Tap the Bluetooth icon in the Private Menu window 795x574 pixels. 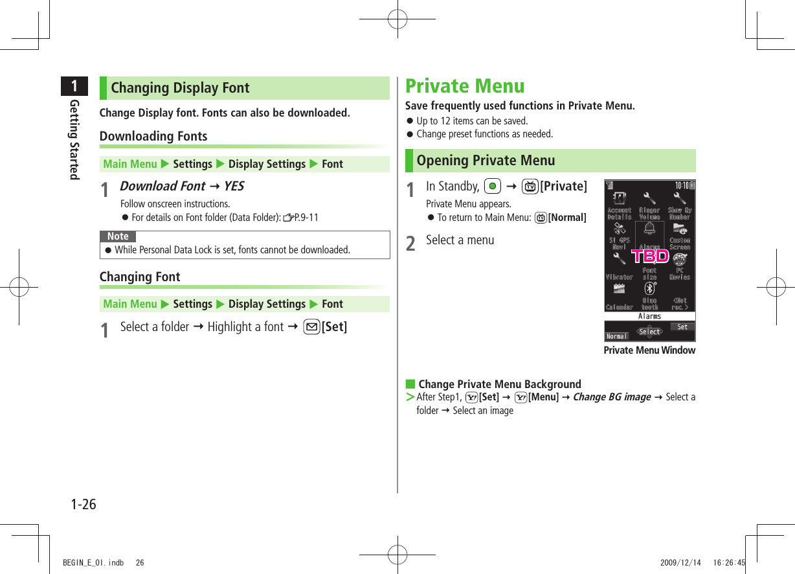click(649, 288)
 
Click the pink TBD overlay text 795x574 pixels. click(650, 256)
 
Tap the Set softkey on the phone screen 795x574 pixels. click(682, 327)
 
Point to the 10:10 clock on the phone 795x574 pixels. click(682, 185)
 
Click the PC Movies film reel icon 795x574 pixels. click(680, 259)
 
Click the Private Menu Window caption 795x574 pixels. click(649, 350)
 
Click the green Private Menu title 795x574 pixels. click(465, 86)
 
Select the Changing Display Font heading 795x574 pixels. click(180, 88)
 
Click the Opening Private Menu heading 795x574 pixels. click(486, 161)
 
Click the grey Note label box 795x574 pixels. click(118, 236)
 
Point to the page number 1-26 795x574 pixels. click(84, 504)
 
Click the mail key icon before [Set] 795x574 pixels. click(312, 327)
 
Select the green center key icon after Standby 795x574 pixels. click(493, 187)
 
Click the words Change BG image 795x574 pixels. click(612, 397)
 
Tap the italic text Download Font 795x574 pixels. click(162, 186)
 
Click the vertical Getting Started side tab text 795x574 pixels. click(74, 139)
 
